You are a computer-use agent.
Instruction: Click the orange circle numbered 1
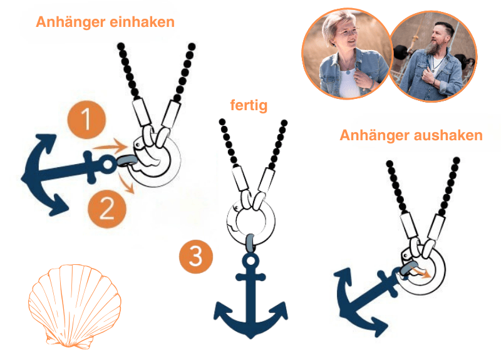tap(86, 120)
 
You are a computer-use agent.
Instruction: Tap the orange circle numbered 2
tap(107, 208)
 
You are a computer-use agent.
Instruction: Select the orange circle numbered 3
tap(196, 257)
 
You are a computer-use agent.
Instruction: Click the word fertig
tap(249, 105)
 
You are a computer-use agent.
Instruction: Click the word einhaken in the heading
tap(142, 22)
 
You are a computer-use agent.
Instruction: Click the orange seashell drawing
tap(75, 306)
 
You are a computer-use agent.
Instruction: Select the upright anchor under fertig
tap(250, 296)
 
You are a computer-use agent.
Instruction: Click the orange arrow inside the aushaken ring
tap(420, 272)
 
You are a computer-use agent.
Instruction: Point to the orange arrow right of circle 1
tap(111, 147)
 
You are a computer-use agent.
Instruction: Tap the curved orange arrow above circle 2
tap(127, 183)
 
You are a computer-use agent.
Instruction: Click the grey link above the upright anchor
tap(250, 244)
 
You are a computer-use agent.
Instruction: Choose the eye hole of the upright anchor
tap(251, 260)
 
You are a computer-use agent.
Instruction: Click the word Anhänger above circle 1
tap(71, 22)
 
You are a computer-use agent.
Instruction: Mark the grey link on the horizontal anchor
tap(126, 161)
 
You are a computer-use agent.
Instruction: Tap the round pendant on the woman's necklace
tap(348, 73)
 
